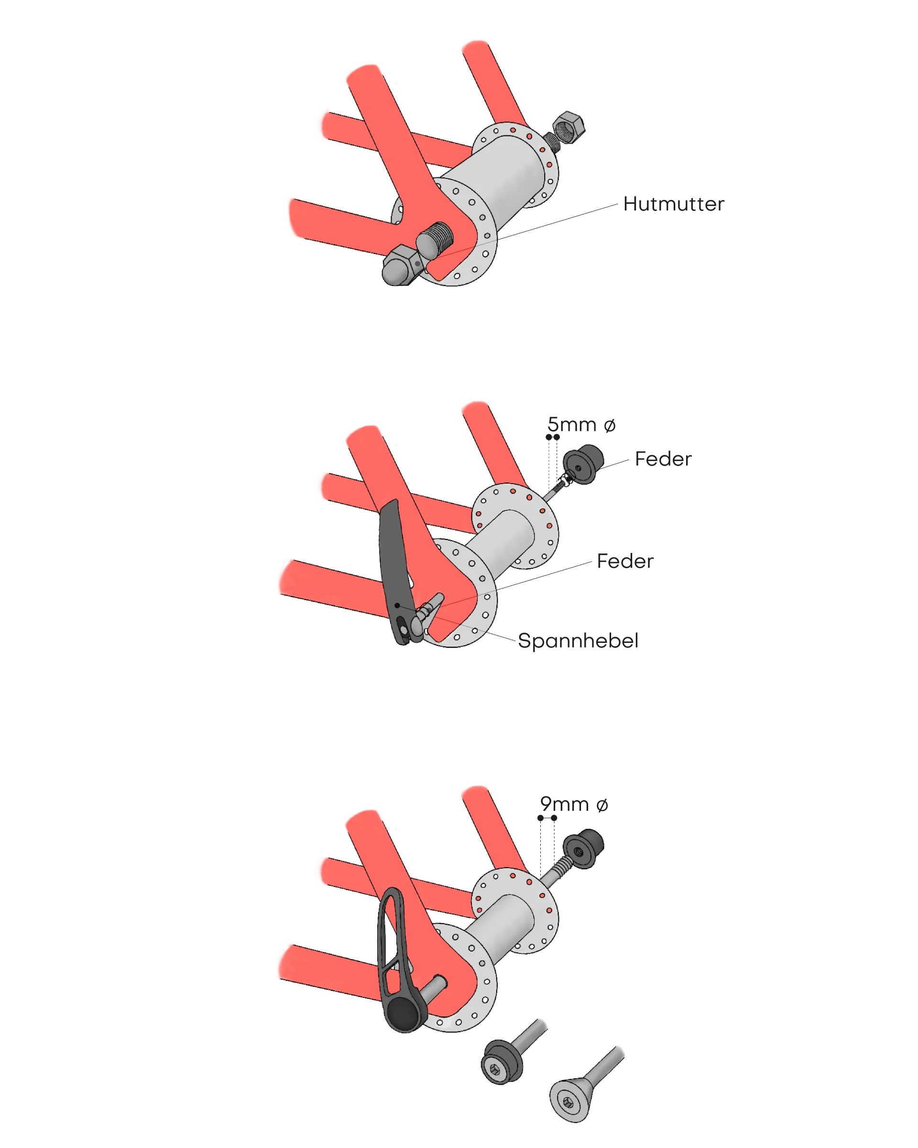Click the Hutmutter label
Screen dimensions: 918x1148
coord(673,204)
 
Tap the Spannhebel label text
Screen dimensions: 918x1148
coord(578,641)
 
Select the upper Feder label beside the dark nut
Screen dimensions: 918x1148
coord(663,459)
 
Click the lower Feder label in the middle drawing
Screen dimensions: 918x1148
coord(625,561)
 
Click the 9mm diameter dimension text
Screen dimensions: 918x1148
coord(574,805)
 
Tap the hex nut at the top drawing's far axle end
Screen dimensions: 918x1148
coord(568,127)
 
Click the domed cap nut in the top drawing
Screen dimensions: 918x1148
coord(402,266)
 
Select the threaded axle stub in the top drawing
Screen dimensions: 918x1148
coord(435,239)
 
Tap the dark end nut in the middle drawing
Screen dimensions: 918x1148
coord(583,465)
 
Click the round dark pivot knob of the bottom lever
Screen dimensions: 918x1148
coord(404,1015)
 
